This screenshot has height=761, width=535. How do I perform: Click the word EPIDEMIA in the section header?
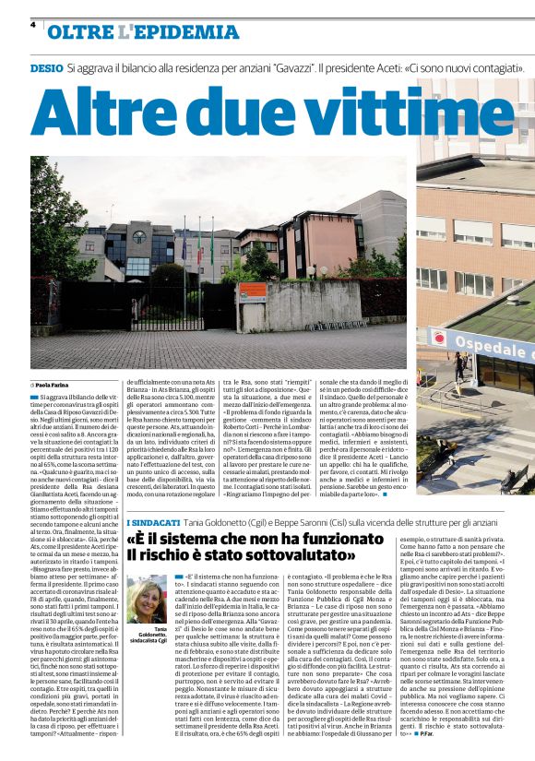[x=180, y=32]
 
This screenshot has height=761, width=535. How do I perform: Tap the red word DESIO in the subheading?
[x=47, y=68]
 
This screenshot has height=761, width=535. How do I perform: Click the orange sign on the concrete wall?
[x=251, y=292]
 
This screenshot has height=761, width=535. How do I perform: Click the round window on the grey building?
[x=138, y=236]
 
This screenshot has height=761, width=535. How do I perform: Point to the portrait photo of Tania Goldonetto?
[x=148, y=599]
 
